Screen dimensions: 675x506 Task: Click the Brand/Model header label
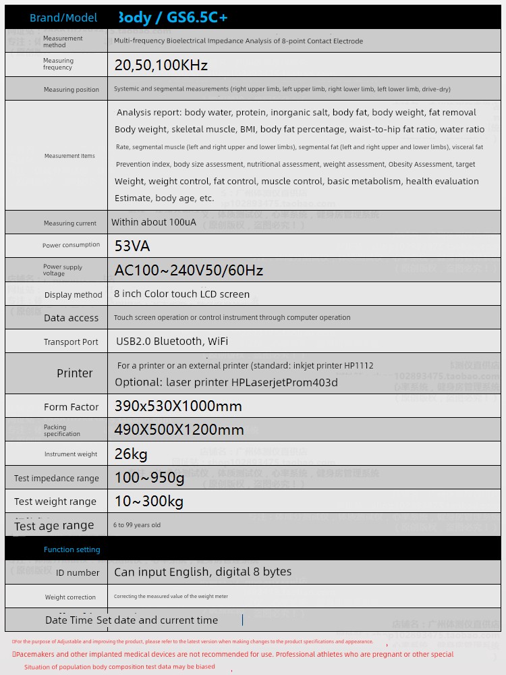[63, 18]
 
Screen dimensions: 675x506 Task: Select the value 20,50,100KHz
[161, 65]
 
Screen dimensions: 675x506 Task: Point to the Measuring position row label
[71, 90]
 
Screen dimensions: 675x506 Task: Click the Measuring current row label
[70, 223]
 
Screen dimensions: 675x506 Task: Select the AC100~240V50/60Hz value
[188, 270]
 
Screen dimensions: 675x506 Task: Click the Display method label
[73, 295]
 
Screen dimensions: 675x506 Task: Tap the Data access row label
[71, 318]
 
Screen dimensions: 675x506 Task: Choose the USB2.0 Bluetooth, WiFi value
[172, 342]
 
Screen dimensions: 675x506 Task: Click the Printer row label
[74, 373]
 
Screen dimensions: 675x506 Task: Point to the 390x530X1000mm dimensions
[178, 406]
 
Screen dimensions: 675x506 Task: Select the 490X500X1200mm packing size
[179, 429]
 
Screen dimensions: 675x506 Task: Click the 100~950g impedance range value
[149, 478]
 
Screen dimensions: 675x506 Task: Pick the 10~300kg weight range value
[148, 502]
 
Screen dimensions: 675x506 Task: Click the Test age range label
[54, 526]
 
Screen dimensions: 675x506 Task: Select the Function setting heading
[72, 549]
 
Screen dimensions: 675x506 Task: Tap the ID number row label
[78, 572]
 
